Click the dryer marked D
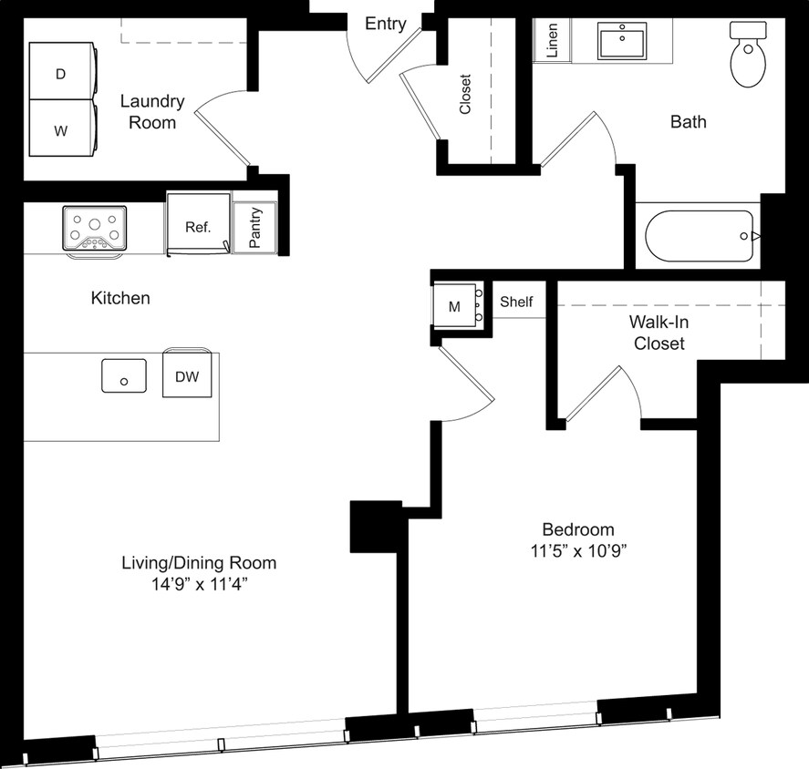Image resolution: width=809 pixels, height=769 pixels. click(x=60, y=74)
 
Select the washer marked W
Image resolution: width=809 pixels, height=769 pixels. click(x=60, y=130)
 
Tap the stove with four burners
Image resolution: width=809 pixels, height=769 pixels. click(x=95, y=227)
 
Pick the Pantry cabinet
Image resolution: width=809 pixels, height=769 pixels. click(x=254, y=227)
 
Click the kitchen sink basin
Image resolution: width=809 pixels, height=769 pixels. click(x=124, y=375)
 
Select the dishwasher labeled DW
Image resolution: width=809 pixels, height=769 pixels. click(x=186, y=375)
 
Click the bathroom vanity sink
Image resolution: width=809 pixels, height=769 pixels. click(x=623, y=39)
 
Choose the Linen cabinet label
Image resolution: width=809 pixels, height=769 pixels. click(x=553, y=41)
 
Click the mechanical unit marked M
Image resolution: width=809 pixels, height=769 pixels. click(x=454, y=306)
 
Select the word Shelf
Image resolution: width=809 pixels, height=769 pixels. click(x=516, y=302)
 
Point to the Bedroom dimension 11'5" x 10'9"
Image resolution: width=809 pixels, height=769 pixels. click(x=578, y=551)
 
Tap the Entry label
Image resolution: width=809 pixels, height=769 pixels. click(x=385, y=24)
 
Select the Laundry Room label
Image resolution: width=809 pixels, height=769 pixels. click(x=152, y=111)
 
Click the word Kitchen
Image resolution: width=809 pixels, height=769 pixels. click(x=120, y=298)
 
